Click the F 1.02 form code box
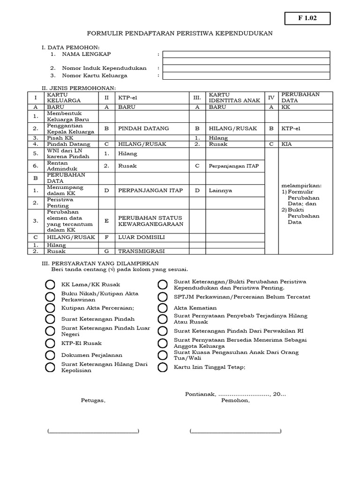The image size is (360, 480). [x=307, y=18]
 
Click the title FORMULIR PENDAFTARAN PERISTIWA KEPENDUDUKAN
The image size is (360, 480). [x=180, y=34]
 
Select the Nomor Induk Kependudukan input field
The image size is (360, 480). [x=246, y=68]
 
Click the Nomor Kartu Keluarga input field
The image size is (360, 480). [x=246, y=75]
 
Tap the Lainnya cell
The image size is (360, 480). [x=220, y=190]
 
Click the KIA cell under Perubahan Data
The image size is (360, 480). [x=287, y=144]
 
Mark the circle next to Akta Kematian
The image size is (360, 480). [x=162, y=308]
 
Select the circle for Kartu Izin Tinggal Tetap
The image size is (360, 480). [x=162, y=367]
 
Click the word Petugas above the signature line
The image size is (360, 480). [x=93, y=401]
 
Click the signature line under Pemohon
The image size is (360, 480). [x=235, y=431]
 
